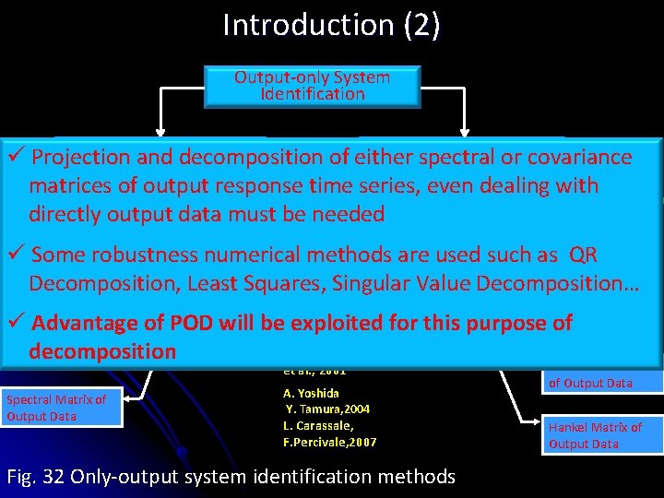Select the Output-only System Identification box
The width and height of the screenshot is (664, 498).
tap(312, 86)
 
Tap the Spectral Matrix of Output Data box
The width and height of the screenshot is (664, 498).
tap(61, 408)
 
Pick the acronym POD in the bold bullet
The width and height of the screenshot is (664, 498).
tap(189, 323)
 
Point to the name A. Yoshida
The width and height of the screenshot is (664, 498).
tap(312, 393)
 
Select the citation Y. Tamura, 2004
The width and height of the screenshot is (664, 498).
tap(328, 409)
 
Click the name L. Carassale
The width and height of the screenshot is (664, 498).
tap(318, 426)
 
